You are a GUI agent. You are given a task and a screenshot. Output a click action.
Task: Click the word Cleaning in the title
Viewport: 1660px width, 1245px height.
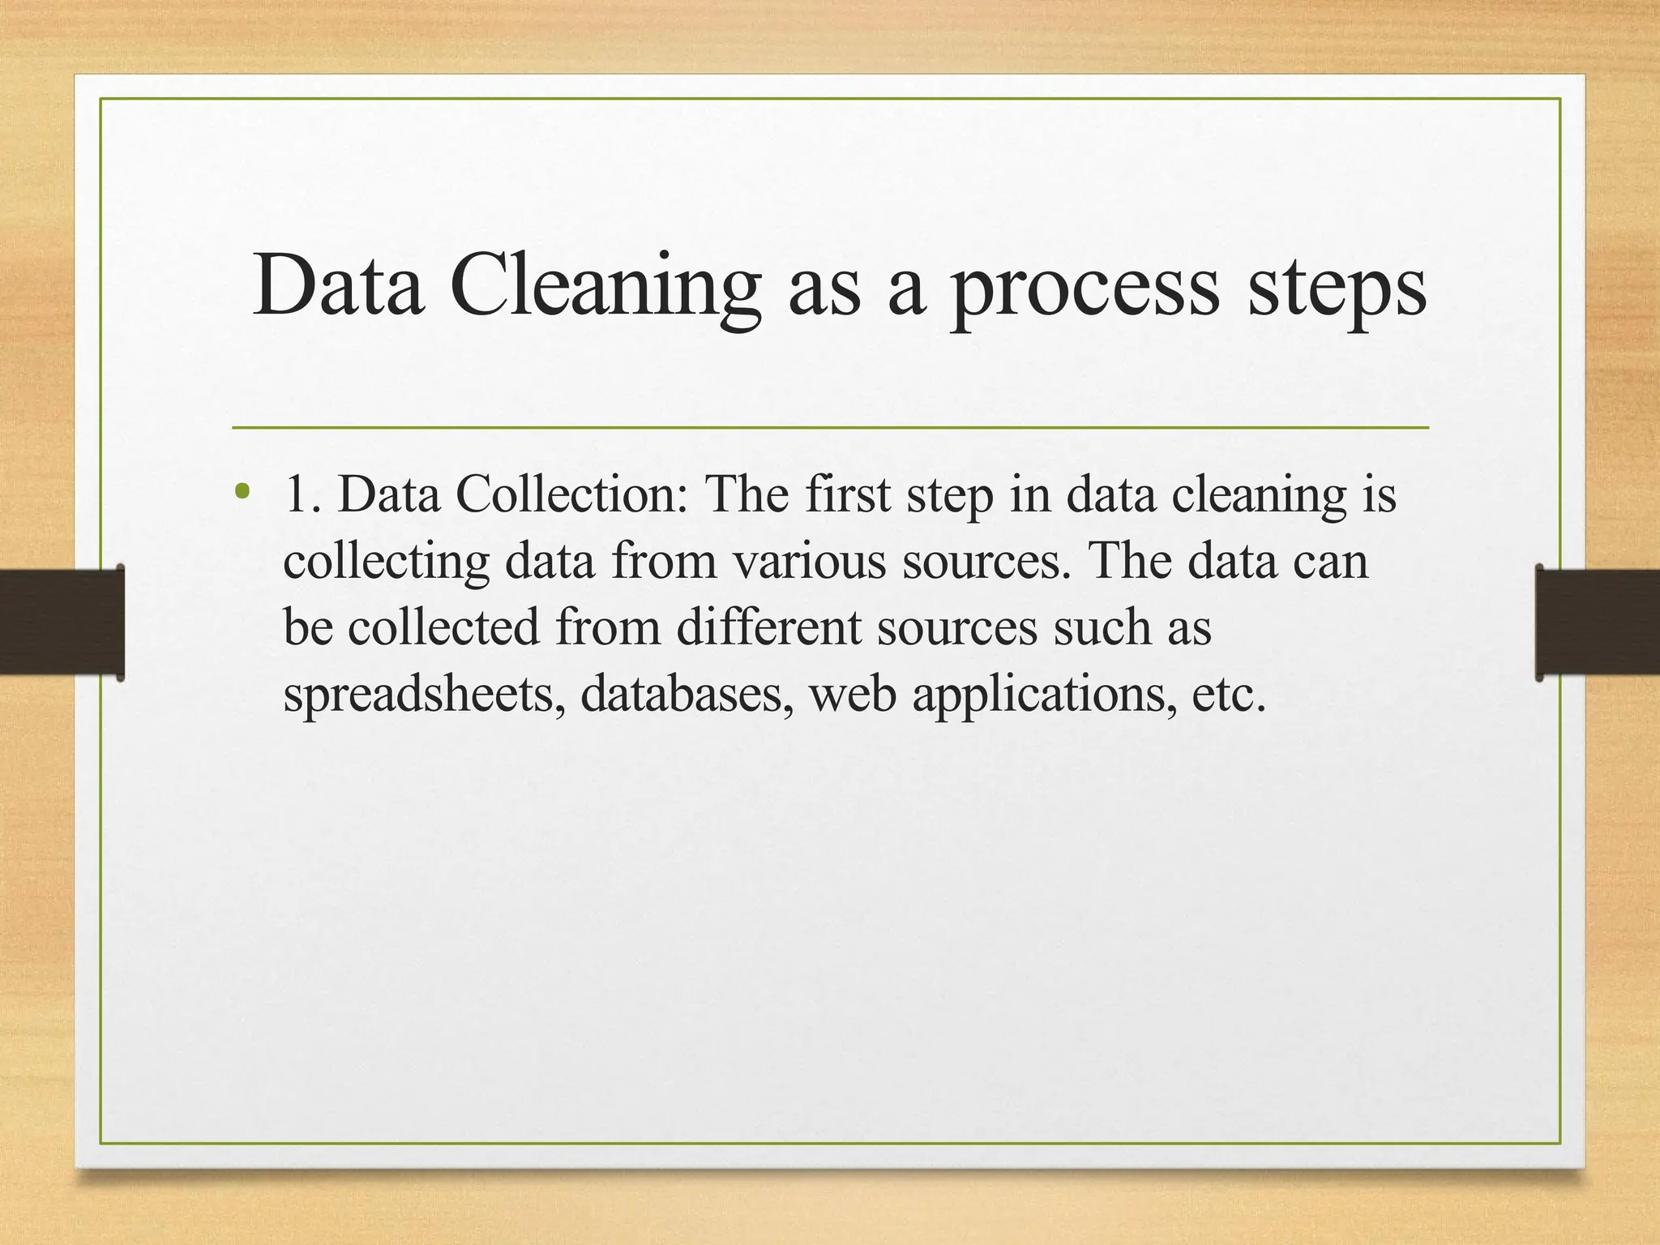pos(605,288)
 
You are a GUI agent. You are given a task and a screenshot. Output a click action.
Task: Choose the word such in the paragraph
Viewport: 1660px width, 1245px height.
pos(1102,627)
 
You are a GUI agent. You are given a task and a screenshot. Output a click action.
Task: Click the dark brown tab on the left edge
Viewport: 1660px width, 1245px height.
pos(62,622)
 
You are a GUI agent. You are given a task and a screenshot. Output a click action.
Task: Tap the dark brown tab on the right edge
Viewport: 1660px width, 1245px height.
pos(1598,622)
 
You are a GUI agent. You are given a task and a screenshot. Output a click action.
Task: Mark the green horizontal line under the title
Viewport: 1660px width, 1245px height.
pos(830,427)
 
